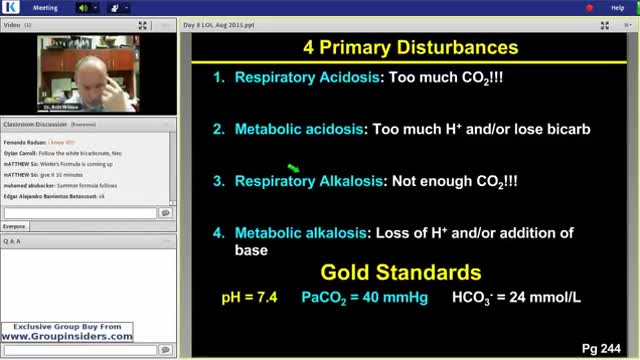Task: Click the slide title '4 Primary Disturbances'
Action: [410, 47]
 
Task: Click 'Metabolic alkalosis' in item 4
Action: [301, 233]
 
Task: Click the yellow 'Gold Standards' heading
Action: [400, 273]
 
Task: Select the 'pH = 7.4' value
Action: [250, 298]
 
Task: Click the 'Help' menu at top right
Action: [617, 7]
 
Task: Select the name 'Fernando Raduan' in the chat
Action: [25, 143]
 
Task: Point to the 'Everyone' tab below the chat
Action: [18, 227]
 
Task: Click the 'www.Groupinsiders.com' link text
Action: [68, 337]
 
